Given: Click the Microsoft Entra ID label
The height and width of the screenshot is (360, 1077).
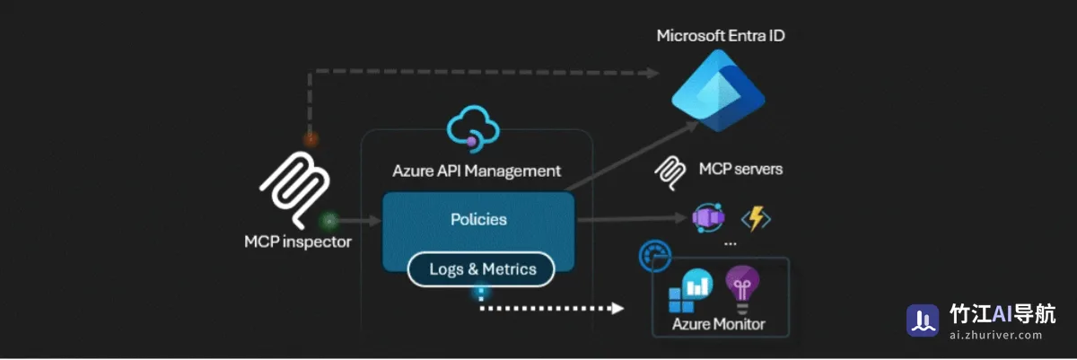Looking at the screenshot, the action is (720, 36).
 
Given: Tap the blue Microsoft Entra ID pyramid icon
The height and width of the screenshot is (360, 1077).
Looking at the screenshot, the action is (718, 91).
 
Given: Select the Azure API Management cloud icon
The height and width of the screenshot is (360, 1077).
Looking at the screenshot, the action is (473, 128).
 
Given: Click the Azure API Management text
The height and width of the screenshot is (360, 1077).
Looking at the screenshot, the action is (477, 171).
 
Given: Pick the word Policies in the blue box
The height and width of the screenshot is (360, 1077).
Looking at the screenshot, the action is (478, 219).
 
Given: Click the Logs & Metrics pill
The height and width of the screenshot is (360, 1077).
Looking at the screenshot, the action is (481, 269).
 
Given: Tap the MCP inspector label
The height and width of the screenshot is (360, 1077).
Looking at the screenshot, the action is (298, 241).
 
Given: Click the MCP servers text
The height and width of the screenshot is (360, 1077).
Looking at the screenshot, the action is (740, 169).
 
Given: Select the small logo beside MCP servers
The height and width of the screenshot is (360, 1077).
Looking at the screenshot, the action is (670, 173).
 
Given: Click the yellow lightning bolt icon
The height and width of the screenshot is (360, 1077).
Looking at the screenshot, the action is (756, 219).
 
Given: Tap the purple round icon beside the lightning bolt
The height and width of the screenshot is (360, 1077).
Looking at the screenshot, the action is (708, 218).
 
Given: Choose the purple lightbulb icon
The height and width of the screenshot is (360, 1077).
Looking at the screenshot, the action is (742, 289).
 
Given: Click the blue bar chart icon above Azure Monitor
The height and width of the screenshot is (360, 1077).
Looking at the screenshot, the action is (690, 290).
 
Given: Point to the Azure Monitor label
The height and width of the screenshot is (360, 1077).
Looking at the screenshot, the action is (718, 324).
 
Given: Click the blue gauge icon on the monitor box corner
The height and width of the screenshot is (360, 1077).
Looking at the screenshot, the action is (654, 256).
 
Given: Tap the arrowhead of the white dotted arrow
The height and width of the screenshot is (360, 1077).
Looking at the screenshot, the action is (617, 308).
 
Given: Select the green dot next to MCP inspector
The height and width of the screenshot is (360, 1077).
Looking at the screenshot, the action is (328, 221).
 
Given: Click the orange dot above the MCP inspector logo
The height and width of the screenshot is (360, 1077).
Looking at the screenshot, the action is (311, 139).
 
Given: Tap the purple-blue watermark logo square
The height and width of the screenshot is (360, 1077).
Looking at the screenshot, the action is (923, 320).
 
